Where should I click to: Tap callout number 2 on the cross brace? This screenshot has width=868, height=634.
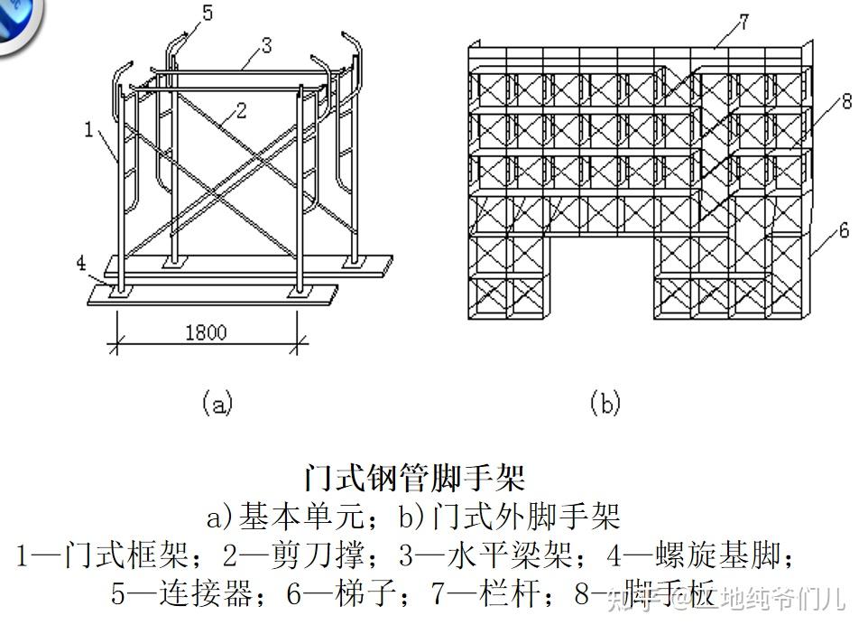(240, 111)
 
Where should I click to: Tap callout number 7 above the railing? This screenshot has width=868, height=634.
(742, 22)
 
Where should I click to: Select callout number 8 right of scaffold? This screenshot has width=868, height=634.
(845, 101)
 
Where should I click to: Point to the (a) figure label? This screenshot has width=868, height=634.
(217, 402)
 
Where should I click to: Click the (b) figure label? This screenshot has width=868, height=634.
(605, 402)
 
